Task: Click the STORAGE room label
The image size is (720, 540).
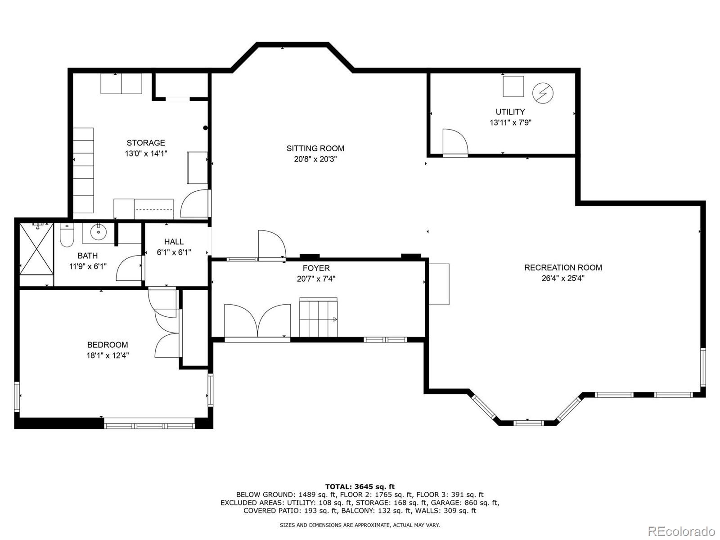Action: [x=145, y=143]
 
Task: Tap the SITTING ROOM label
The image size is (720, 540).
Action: [x=315, y=148]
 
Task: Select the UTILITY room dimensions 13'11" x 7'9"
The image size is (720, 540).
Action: [x=510, y=122]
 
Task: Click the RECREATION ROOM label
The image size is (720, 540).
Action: [x=562, y=267]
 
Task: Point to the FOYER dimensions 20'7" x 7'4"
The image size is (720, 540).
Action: [x=316, y=279]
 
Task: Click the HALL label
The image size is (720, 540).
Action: [x=174, y=242]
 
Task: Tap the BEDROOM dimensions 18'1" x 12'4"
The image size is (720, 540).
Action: [x=108, y=355]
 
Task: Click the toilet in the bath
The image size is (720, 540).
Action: [x=66, y=235]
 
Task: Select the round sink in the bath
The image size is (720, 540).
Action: [x=97, y=232]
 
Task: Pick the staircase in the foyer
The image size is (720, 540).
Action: [x=319, y=317]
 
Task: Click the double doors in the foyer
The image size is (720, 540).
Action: [x=257, y=320]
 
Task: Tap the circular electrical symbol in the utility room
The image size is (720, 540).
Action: [x=543, y=93]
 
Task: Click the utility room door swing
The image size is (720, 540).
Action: [x=454, y=142]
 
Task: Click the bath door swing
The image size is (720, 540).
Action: [x=129, y=269]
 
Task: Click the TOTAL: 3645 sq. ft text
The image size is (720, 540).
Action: [x=360, y=486]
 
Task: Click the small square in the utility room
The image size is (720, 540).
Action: [x=513, y=86]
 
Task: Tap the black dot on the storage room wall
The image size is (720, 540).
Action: [x=205, y=128]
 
